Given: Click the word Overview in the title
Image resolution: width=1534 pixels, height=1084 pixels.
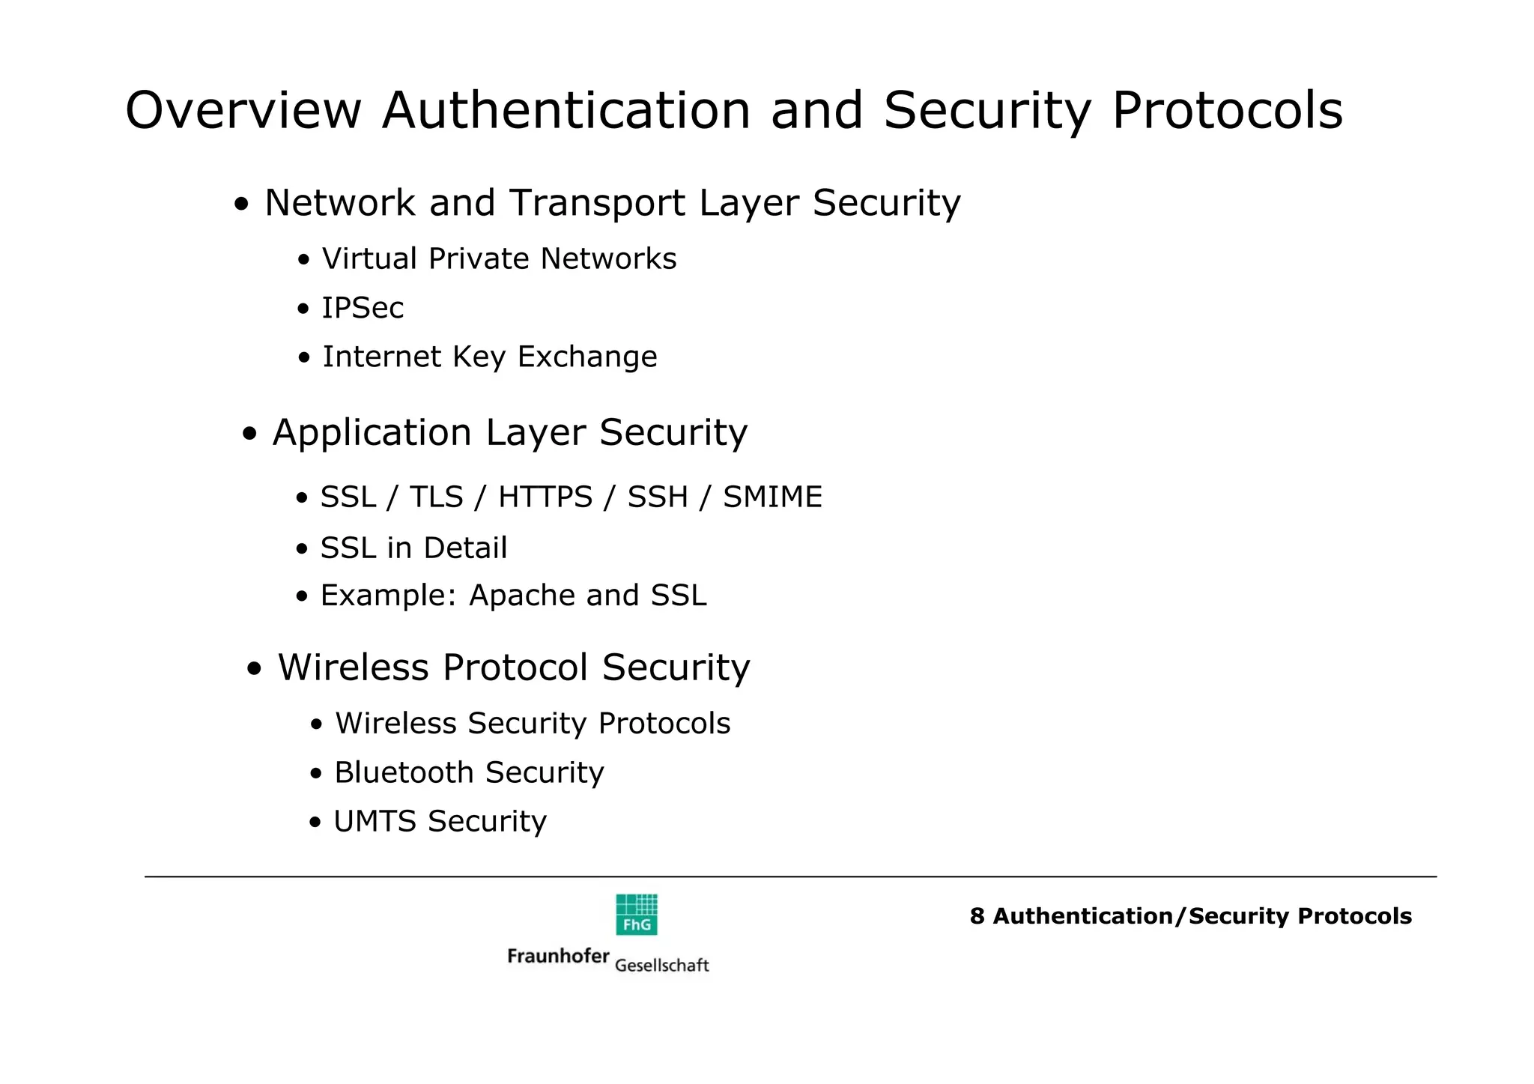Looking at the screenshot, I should [243, 111].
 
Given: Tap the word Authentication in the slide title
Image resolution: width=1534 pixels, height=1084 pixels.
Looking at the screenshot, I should [566, 111].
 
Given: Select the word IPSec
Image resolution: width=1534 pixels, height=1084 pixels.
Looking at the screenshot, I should [363, 308].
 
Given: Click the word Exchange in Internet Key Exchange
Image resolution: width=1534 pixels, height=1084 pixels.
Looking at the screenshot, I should [587, 357].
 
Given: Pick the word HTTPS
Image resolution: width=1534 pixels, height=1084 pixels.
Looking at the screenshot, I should [545, 497].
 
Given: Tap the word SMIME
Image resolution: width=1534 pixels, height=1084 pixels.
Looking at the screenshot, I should [772, 497].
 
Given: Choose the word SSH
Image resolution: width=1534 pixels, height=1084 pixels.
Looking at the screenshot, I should [658, 497].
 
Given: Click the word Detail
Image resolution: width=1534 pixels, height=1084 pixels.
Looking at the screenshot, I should [465, 548].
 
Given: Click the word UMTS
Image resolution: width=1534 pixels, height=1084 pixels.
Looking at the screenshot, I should [375, 822].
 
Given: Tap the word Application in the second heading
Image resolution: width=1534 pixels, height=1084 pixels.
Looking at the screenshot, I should [372, 433].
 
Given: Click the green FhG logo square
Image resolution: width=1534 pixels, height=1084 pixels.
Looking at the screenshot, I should [637, 915].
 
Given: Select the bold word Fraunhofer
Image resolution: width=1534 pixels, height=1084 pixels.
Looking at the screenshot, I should [558, 956].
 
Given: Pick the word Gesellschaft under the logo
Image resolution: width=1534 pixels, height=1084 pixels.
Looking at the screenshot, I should [661, 966].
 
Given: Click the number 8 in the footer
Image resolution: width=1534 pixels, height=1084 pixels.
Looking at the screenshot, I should [977, 916].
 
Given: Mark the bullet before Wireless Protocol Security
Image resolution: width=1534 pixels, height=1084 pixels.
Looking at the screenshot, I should [255, 669].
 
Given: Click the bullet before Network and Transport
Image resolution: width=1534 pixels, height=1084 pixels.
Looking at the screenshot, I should [241, 205].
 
